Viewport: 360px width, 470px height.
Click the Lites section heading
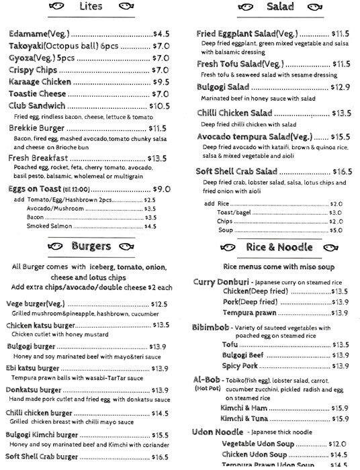[91, 7]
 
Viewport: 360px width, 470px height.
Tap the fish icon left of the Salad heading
[244, 7]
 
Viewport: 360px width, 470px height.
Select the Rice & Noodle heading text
[279, 247]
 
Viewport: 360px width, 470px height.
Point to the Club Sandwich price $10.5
[159, 106]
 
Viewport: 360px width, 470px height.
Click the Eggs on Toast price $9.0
[162, 189]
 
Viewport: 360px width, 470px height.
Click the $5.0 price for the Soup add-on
[336, 230]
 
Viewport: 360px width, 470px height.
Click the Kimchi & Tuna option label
[242, 418]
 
